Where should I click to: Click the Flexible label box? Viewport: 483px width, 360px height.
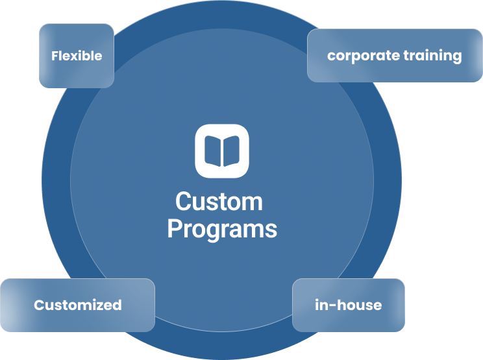[77, 56]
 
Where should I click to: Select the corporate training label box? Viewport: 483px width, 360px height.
[394, 56]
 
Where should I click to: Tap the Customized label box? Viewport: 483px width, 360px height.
[77, 305]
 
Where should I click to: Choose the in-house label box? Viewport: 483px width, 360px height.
[349, 305]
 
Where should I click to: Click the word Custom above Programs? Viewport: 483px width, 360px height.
[219, 202]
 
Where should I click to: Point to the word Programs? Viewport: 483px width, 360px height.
[222, 229]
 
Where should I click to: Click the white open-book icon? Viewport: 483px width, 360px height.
[222, 150]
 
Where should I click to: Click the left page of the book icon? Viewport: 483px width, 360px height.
[213, 151]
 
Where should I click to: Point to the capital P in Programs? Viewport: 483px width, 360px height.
[174, 229]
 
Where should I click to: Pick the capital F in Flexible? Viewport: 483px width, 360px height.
[55, 56]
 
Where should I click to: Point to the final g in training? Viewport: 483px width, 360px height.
[457, 58]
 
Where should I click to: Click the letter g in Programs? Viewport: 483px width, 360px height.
[211, 232]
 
